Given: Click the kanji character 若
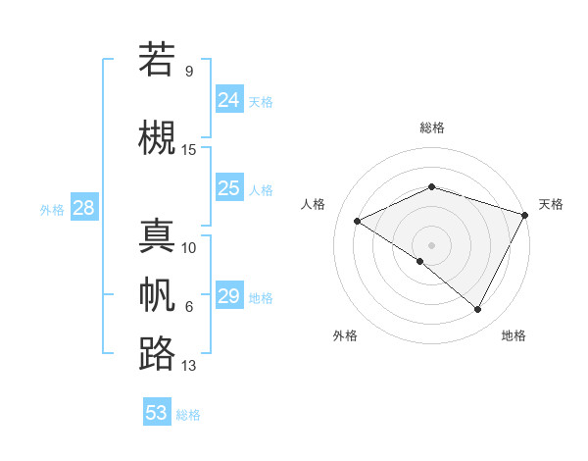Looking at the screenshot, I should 157,59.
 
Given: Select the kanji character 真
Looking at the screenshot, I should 157,235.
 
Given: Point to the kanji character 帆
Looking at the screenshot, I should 157,294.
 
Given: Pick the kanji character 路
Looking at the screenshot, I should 157,353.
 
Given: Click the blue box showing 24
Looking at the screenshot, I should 229,100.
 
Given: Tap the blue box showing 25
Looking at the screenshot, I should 229,188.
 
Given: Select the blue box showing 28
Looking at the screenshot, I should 83,208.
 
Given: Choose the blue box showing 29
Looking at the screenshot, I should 229,296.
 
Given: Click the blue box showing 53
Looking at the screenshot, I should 157,413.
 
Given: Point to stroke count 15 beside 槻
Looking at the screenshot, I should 189,149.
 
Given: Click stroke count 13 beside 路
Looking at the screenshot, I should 189,366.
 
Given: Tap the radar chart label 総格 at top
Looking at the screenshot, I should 432,128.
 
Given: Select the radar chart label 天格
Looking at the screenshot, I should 551,204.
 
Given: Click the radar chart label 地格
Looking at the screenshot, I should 514,335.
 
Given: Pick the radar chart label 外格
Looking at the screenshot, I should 345,335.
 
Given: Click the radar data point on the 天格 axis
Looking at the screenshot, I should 525,214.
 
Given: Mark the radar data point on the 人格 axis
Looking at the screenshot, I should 358,221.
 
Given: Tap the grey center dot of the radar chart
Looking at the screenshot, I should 431,244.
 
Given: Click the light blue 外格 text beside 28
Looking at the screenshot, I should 52,209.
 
